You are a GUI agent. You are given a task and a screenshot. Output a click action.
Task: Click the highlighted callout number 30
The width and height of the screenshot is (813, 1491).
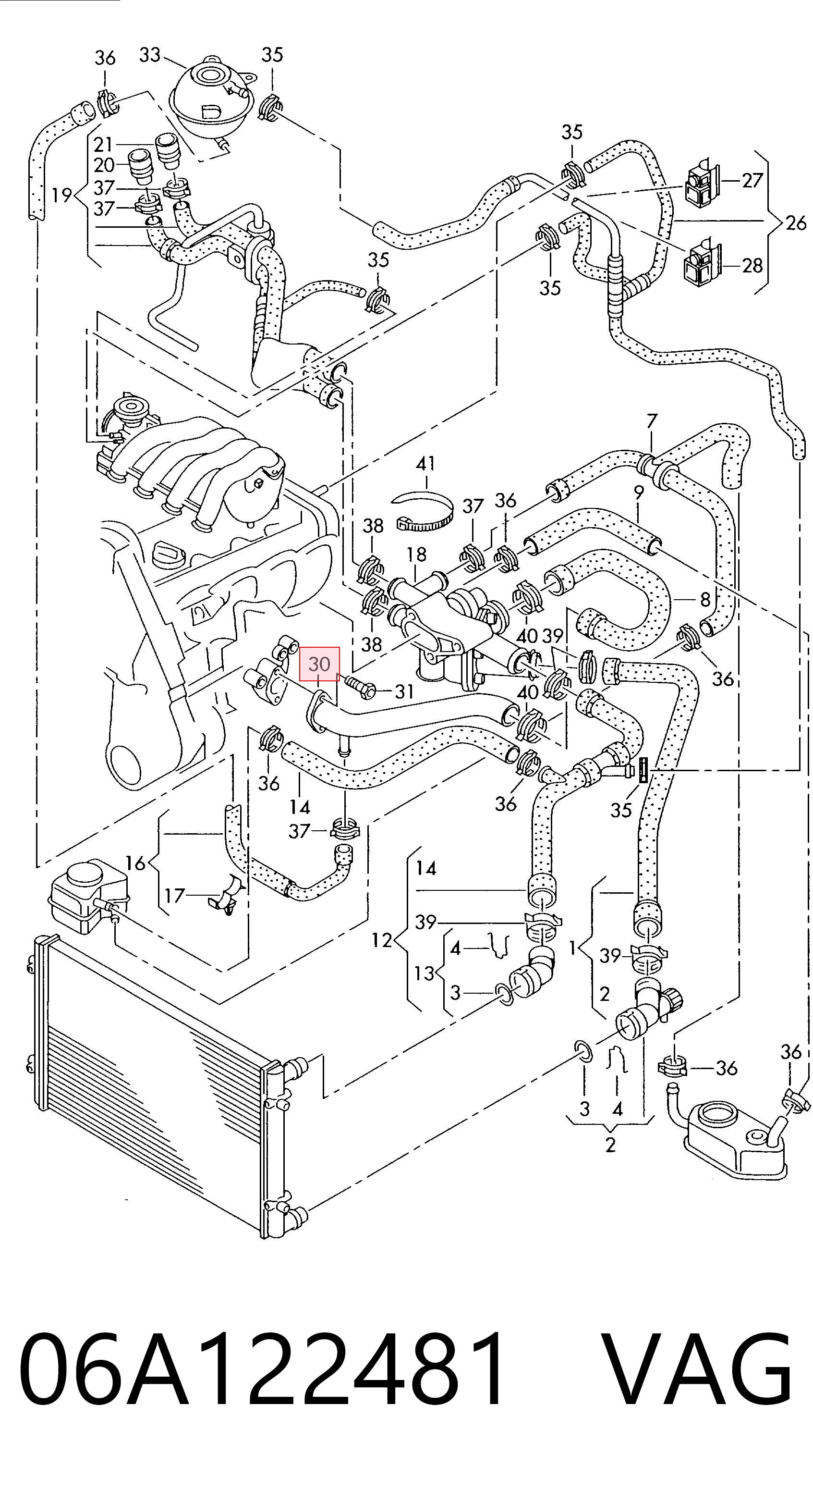coord(319,664)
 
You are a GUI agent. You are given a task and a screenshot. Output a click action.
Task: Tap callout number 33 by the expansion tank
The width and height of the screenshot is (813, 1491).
coord(149,55)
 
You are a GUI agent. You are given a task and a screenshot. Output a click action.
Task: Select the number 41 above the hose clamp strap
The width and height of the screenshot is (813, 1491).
coord(426,464)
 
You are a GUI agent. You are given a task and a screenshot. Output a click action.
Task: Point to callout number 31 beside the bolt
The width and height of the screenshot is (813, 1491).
coord(404,691)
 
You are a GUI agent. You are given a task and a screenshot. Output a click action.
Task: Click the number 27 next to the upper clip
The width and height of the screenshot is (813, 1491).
coord(752,181)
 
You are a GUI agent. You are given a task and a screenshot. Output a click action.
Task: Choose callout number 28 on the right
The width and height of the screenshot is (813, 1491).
coord(752,266)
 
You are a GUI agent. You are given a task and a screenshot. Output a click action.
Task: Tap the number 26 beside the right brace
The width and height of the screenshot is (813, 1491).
coord(795,223)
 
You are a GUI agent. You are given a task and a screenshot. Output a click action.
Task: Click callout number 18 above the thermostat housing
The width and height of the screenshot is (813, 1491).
coord(416,555)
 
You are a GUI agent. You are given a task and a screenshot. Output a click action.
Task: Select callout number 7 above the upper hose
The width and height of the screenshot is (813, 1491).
coord(652,421)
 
